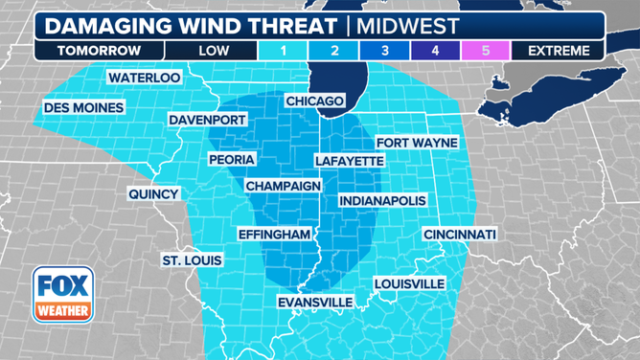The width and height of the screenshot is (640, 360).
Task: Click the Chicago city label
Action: (x=314, y=101)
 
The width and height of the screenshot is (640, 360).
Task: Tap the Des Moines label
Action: (x=83, y=108)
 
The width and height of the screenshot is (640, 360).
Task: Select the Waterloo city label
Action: (x=144, y=77)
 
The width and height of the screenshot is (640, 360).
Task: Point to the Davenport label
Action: (x=207, y=120)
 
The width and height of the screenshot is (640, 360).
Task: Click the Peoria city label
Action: (x=231, y=159)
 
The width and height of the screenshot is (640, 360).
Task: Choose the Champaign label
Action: (x=283, y=185)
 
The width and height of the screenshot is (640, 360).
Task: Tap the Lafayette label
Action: (x=349, y=161)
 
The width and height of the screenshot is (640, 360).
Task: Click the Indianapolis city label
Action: (x=381, y=201)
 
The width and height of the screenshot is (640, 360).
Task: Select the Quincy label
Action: (x=154, y=193)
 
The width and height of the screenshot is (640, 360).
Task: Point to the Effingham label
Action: (x=275, y=235)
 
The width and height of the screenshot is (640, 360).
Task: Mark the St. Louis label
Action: (x=192, y=260)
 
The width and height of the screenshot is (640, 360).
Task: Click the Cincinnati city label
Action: (x=461, y=235)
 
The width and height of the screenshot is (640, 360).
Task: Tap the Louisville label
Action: (x=409, y=283)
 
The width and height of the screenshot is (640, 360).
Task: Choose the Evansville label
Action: (x=314, y=303)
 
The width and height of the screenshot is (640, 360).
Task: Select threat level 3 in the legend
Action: (x=384, y=50)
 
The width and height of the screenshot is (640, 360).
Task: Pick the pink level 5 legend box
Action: (x=485, y=50)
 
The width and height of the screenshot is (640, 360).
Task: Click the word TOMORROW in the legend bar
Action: (x=99, y=50)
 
